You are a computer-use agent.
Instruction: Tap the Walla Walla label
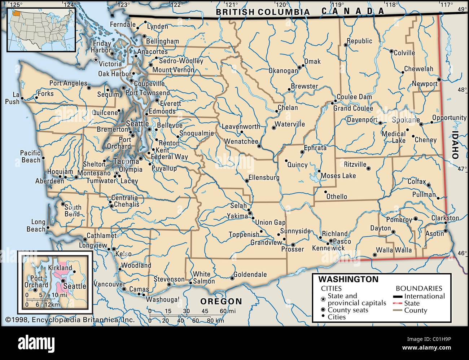(394, 250)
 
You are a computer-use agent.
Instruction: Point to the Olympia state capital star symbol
(117, 174)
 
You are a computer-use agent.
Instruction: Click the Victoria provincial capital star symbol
(96, 60)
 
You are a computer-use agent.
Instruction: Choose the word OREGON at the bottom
(221, 301)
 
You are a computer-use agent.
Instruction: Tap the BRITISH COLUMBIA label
(263, 12)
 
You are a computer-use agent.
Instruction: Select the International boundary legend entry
(424, 296)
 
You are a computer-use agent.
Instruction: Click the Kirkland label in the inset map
(60, 268)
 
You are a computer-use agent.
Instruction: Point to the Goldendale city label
(250, 275)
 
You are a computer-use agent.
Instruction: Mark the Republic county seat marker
(345, 45)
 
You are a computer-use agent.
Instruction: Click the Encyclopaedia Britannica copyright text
(70, 320)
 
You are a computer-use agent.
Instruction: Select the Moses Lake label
(338, 176)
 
